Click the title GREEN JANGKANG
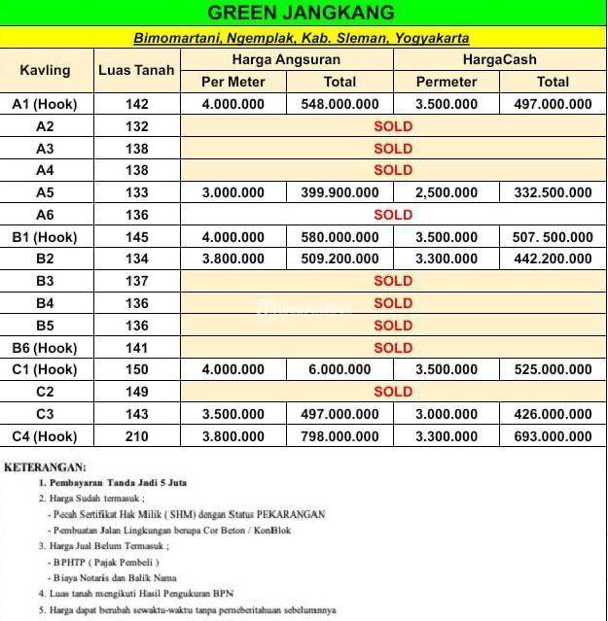click(x=302, y=13)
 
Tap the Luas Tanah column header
click(x=137, y=70)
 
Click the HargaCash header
click(x=499, y=59)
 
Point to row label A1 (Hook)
click(x=45, y=104)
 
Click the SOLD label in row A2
click(x=393, y=126)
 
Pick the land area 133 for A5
click(x=137, y=192)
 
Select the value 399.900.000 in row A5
click(x=340, y=192)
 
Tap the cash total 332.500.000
click(x=553, y=192)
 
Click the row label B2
click(x=45, y=259)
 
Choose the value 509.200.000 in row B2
click(x=340, y=259)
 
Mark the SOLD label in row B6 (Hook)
click(x=393, y=347)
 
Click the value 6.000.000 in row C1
click(x=340, y=369)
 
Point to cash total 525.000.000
click(x=553, y=369)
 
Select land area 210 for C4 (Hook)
click(x=137, y=436)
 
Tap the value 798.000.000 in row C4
click(x=340, y=436)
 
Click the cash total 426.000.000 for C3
click(x=553, y=414)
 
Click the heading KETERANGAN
click(x=45, y=467)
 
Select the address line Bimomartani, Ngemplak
click(x=302, y=38)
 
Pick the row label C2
click(x=45, y=392)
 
